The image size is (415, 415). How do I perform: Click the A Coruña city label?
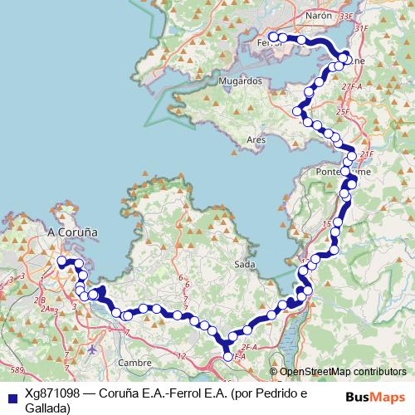pyautogui.click(x=75, y=233)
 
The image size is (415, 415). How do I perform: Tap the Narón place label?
pyautogui.click(x=319, y=15)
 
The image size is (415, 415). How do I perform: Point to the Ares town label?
pyautogui.click(x=256, y=140)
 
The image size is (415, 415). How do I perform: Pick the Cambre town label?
pyautogui.click(x=134, y=363)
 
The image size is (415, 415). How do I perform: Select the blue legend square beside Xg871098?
pyautogui.click(x=11, y=394)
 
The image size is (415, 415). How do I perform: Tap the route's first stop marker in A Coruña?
pyautogui.click(x=61, y=261)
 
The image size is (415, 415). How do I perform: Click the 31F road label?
pyautogui.click(x=359, y=29)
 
